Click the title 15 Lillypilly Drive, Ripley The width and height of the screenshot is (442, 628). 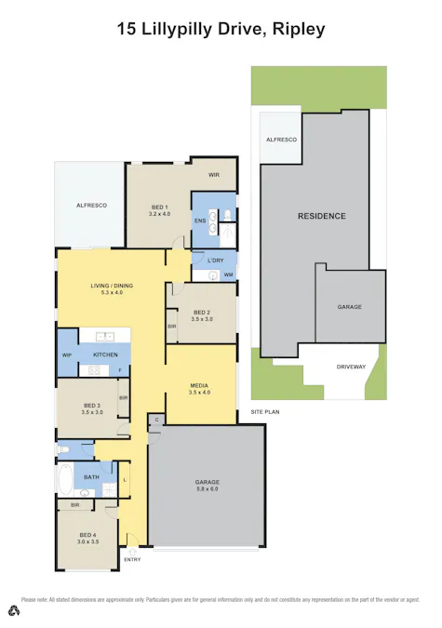click(221, 29)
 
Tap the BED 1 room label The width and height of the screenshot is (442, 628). click(159, 206)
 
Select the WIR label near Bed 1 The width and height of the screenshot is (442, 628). click(213, 174)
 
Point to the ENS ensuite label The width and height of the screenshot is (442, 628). click(199, 220)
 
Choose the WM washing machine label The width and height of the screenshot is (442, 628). click(228, 274)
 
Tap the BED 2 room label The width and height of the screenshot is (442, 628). click(202, 312)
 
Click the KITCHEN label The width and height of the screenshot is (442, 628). click(104, 355)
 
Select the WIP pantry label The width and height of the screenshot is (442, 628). click(67, 355)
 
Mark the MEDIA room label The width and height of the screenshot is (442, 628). click(198, 384)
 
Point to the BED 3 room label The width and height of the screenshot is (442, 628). click(91, 406)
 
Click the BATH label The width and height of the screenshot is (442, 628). click(91, 477)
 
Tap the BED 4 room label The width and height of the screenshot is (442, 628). click(87, 535)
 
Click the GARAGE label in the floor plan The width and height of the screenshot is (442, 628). click(207, 481)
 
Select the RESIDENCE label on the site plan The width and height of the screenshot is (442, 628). click(321, 216)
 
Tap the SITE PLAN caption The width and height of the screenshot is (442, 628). click(265, 411)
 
